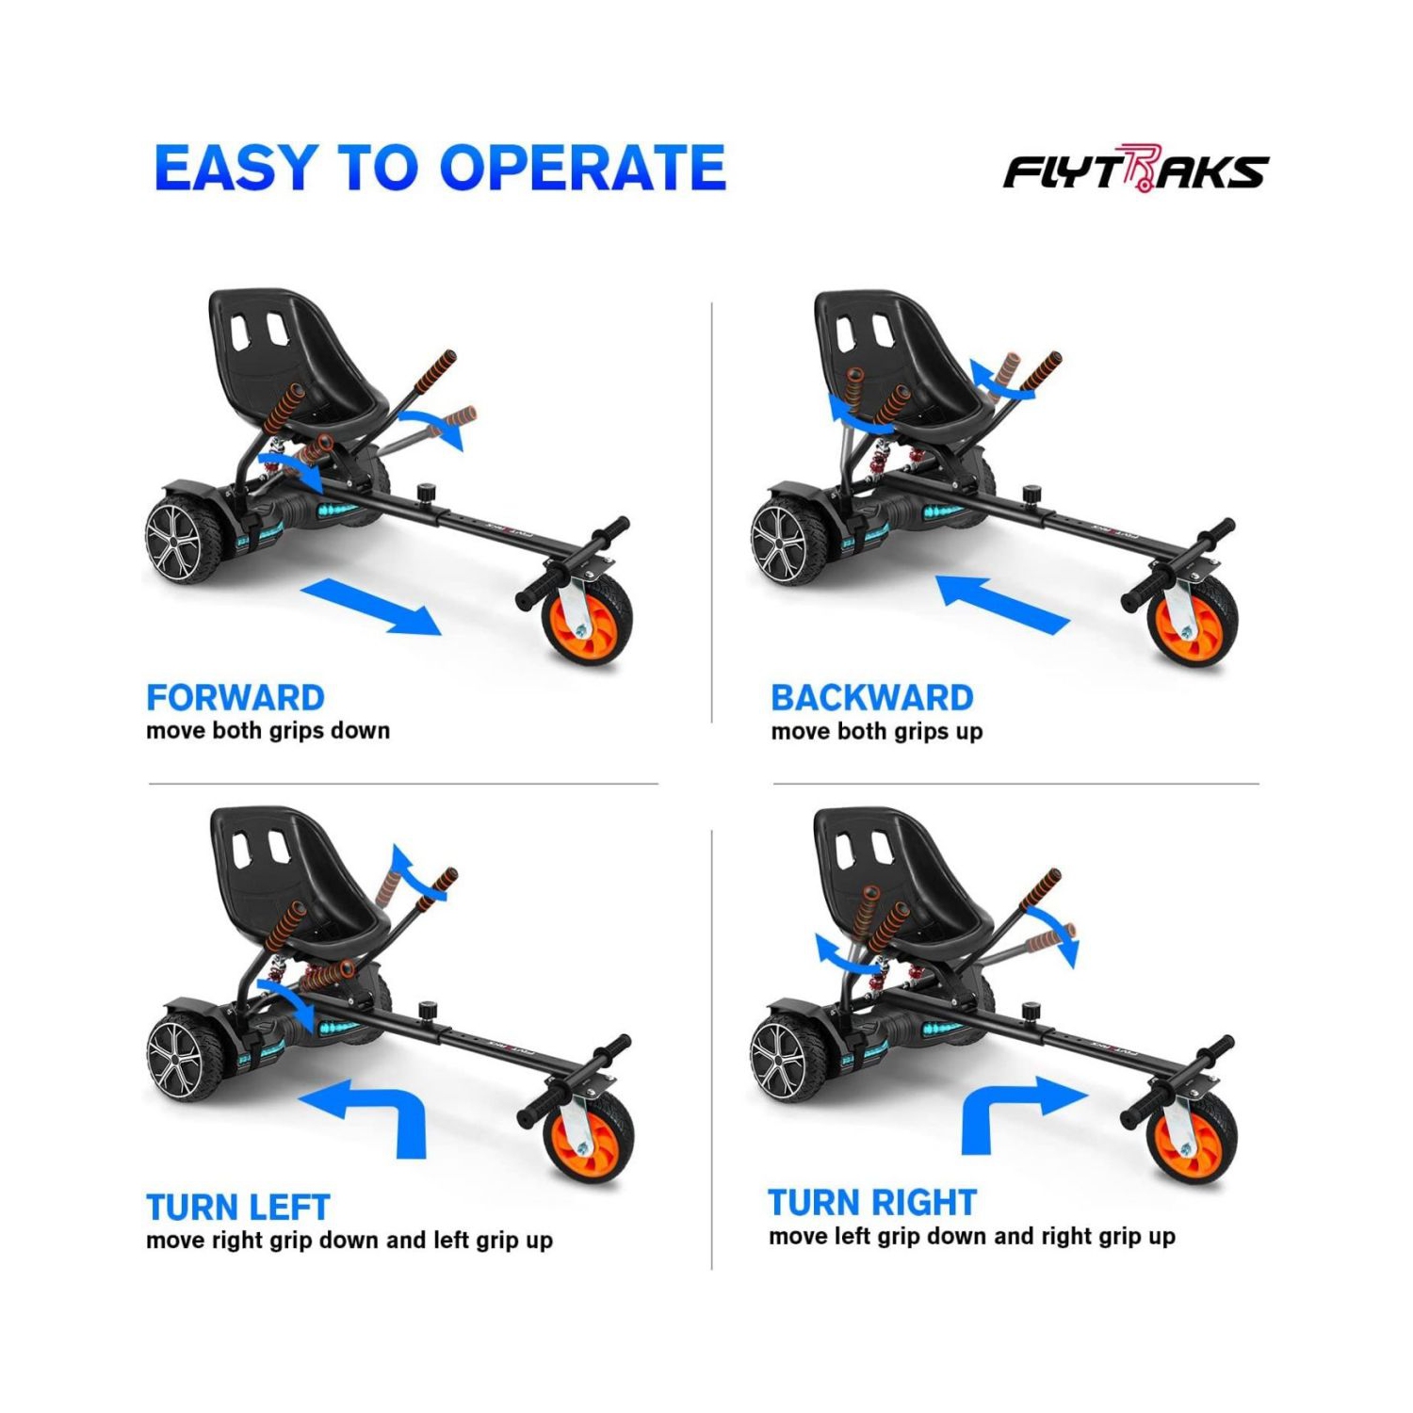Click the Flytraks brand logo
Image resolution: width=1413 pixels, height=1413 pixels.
[x=1135, y=171]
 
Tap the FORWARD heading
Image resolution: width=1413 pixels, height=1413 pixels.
[x=235, y=698]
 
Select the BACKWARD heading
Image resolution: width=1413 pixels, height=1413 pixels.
[x=871, y=698]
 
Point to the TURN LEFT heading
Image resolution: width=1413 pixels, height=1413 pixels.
[x=237, y=1207]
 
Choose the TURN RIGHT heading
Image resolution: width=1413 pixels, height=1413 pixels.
[x=871, y=1203]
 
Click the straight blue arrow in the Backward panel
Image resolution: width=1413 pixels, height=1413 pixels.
[x=1003, y=603]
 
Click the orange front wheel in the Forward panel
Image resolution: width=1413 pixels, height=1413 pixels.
[x=588, y=623]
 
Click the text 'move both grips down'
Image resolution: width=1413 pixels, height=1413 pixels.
[x=268, y=731]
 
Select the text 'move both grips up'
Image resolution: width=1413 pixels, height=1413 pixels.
[x=876, y=732]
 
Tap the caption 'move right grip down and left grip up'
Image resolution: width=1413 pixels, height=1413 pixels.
[x=349, y=1241]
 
